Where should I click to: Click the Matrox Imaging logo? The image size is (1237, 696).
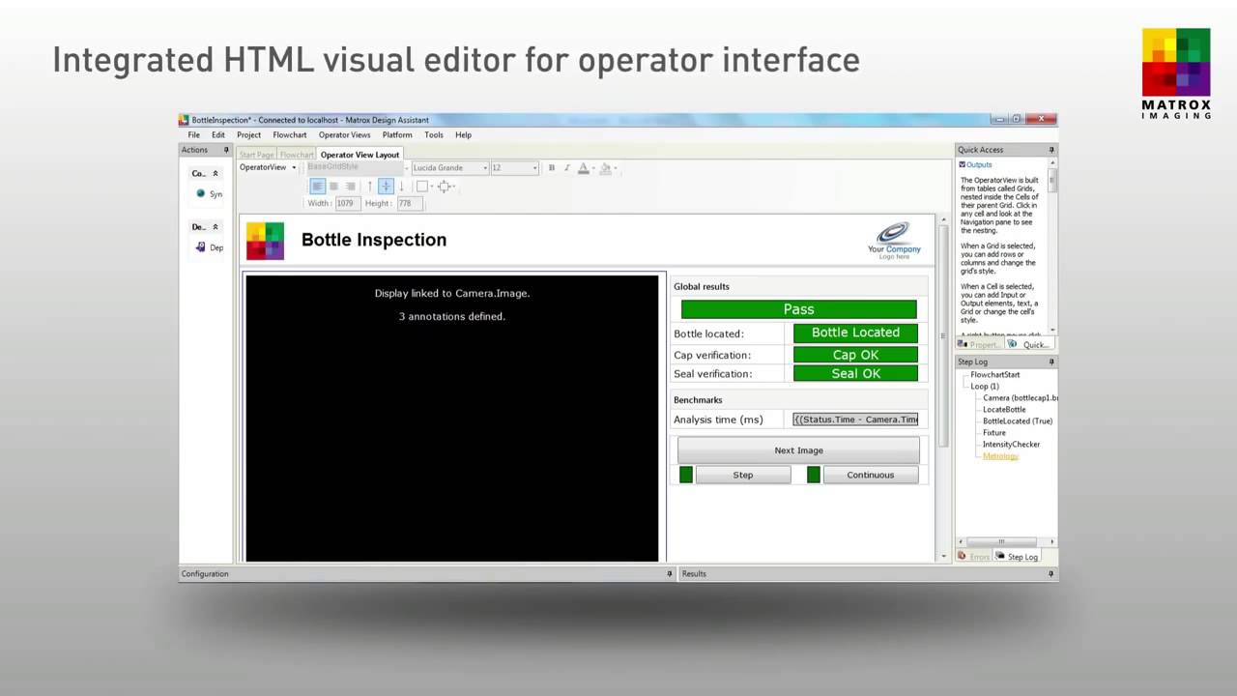point(1175,73)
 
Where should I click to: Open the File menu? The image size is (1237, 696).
point(193,135)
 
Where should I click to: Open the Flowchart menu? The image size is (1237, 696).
point(289,135)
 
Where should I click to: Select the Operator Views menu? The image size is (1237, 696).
point(344,135)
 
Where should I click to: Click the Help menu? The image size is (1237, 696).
point(463,135)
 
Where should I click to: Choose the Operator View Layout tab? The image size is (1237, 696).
point(360,155)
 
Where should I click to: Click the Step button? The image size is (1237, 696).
point(742,475)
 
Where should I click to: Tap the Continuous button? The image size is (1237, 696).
point(870,475)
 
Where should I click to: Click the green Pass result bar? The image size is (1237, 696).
point(798,309)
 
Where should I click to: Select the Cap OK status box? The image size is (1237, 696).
point(855,355)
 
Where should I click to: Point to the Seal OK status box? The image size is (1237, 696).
point(855,373)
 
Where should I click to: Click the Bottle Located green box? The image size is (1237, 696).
point(855,333)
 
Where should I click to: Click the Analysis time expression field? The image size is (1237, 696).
point(855,420)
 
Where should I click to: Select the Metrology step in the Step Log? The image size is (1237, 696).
point(1000,456)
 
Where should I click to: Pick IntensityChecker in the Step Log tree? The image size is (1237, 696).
point(1011,445)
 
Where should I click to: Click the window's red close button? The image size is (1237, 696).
point(1041,119)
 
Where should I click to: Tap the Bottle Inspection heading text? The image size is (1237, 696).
point(374,240)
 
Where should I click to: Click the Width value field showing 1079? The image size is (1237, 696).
point(345,203)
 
